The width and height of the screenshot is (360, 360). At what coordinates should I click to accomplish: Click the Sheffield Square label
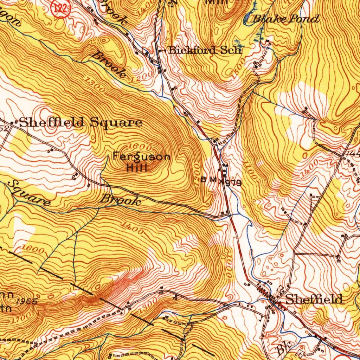pos(81,123)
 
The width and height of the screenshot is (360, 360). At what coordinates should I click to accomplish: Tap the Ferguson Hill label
pos(141,162)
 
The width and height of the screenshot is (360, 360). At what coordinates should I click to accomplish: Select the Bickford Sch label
pos(205,50)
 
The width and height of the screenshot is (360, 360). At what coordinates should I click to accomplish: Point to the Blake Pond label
pos(286,19)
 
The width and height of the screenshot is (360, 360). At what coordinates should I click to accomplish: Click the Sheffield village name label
pos(314,300)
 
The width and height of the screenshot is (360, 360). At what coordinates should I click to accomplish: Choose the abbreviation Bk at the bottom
pos(282,349)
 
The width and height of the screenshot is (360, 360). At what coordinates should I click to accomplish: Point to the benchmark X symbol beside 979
pos(221,182)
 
